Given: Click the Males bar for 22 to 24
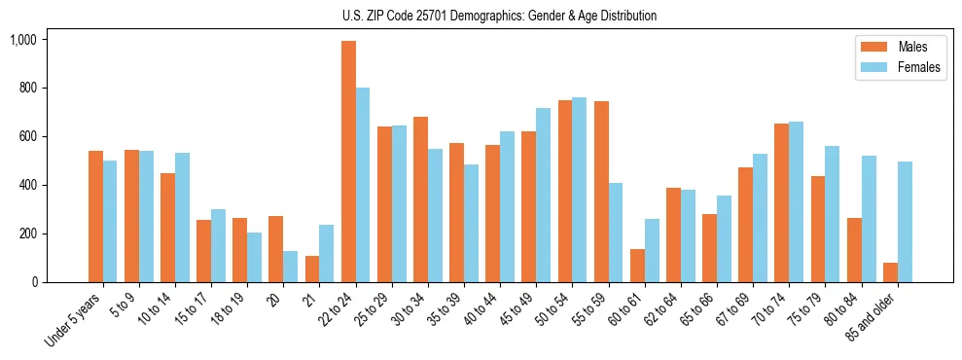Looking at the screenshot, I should [348, 162].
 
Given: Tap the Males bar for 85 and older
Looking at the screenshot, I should [890, 272].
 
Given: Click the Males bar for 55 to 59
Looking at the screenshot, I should [601, 192].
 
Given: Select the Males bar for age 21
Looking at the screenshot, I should [312, 270].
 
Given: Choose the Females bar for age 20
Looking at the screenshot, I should [291, 267].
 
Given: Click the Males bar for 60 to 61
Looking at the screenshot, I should [637, 266].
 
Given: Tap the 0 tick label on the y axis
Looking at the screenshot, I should [35, 282].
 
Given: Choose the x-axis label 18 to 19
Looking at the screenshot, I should [227, 308].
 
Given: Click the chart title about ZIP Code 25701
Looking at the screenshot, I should [499, 16].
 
